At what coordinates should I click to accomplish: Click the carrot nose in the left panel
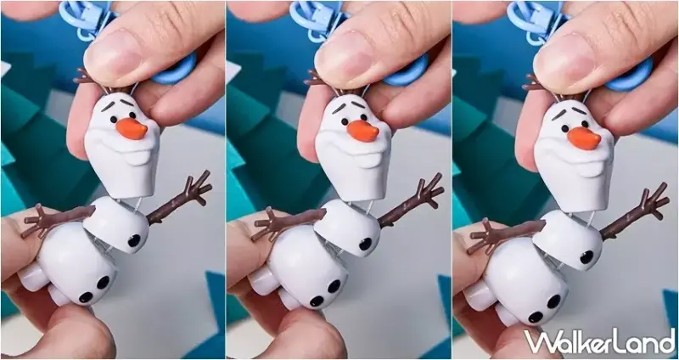[x=132, y=129]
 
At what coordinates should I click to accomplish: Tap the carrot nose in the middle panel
[x=363, y=131]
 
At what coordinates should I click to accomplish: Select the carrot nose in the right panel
[x=584, y=138]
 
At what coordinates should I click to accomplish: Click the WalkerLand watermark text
[x=600, y=341]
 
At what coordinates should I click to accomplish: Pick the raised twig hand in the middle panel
[x=428, y=190]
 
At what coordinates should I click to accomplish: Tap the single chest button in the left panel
[x=134, y=240]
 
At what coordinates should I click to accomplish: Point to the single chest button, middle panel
[x=365, y=244]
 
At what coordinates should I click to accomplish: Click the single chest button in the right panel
[x=586, y=257]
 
